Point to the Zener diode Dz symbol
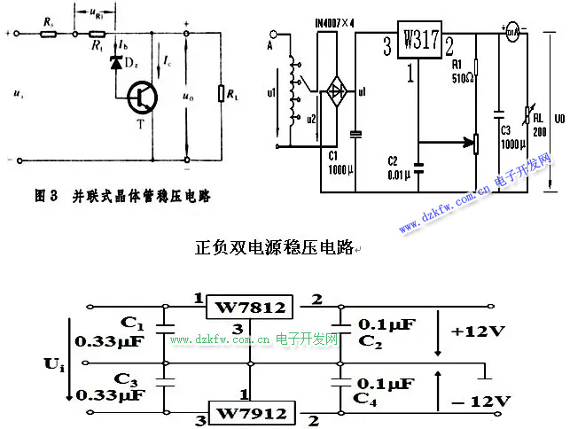click(115, 64)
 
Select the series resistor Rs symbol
click(48, 35)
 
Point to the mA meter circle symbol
click(511, 35)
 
